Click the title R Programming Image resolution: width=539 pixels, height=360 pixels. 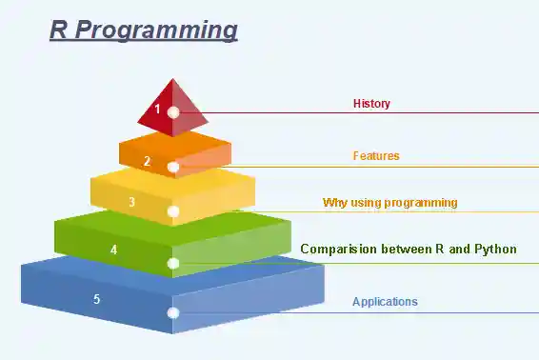pyautogui.click(x=143, y=30)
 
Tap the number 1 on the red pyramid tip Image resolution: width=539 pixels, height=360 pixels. pyautogui.click(x=158, y=109)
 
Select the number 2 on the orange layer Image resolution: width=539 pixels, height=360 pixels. pyautogui.click(x=147, y=161)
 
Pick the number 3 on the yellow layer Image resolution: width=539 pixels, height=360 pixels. pyautogui.click(x=131, y=202)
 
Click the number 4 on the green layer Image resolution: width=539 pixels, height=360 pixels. pyautogui.click(x=114, y=250)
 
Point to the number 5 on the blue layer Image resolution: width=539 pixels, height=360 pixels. pyautogui.click(x=96, y=299)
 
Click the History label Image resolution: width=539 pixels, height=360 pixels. pyautogui.click(x=371, y=104)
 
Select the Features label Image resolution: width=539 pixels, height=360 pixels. pyautogui.click(x=376, y=155)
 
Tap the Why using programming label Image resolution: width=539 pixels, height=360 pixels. pyautogui.click(x=389, y=202)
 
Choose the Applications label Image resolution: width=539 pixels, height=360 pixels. pyautogui.click(x=385, y=302)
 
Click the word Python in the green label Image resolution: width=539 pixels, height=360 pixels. pyautogui.click(x=495, y=250)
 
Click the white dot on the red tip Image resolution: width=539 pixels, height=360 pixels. pyautogui.click(x=173, y=112)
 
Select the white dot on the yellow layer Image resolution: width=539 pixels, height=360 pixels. pyautogui.click(x=173, y=210)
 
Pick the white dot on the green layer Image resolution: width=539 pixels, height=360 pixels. pyautogui.click(x=173, y=263)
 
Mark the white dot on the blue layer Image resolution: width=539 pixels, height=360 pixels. pyautogui.click(x=173, y=312)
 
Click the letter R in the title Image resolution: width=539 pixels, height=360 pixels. pyautogui.click(x=59, y=30)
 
